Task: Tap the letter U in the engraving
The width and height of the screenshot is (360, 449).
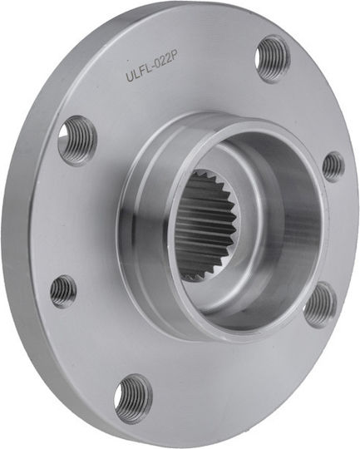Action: [x=130, y=76]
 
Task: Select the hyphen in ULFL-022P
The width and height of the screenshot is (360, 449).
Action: [x=150, y=68]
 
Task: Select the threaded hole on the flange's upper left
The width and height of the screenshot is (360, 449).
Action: [x=76, y=141]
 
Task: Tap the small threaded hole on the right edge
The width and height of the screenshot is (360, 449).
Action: [x=333, y=167]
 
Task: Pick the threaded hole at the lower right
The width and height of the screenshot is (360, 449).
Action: [x=320, y=304]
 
